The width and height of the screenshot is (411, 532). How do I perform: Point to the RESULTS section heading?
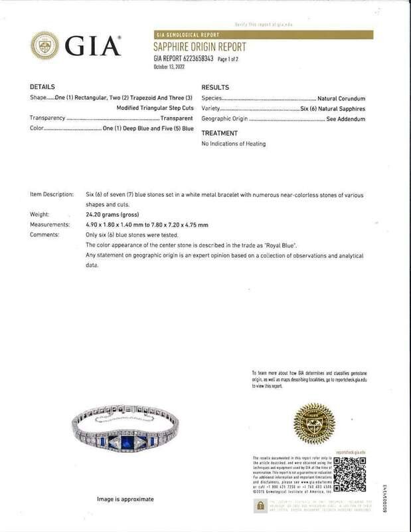coord(215,88)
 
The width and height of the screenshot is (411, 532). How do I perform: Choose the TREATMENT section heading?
coord(218,133)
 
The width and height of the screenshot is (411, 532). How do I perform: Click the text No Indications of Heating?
coord(233,144)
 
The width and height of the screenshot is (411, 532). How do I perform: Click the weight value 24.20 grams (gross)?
coord(104,215)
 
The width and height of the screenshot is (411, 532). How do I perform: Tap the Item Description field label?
coord(52,194)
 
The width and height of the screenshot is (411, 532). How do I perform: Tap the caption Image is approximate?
coord(125,499)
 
